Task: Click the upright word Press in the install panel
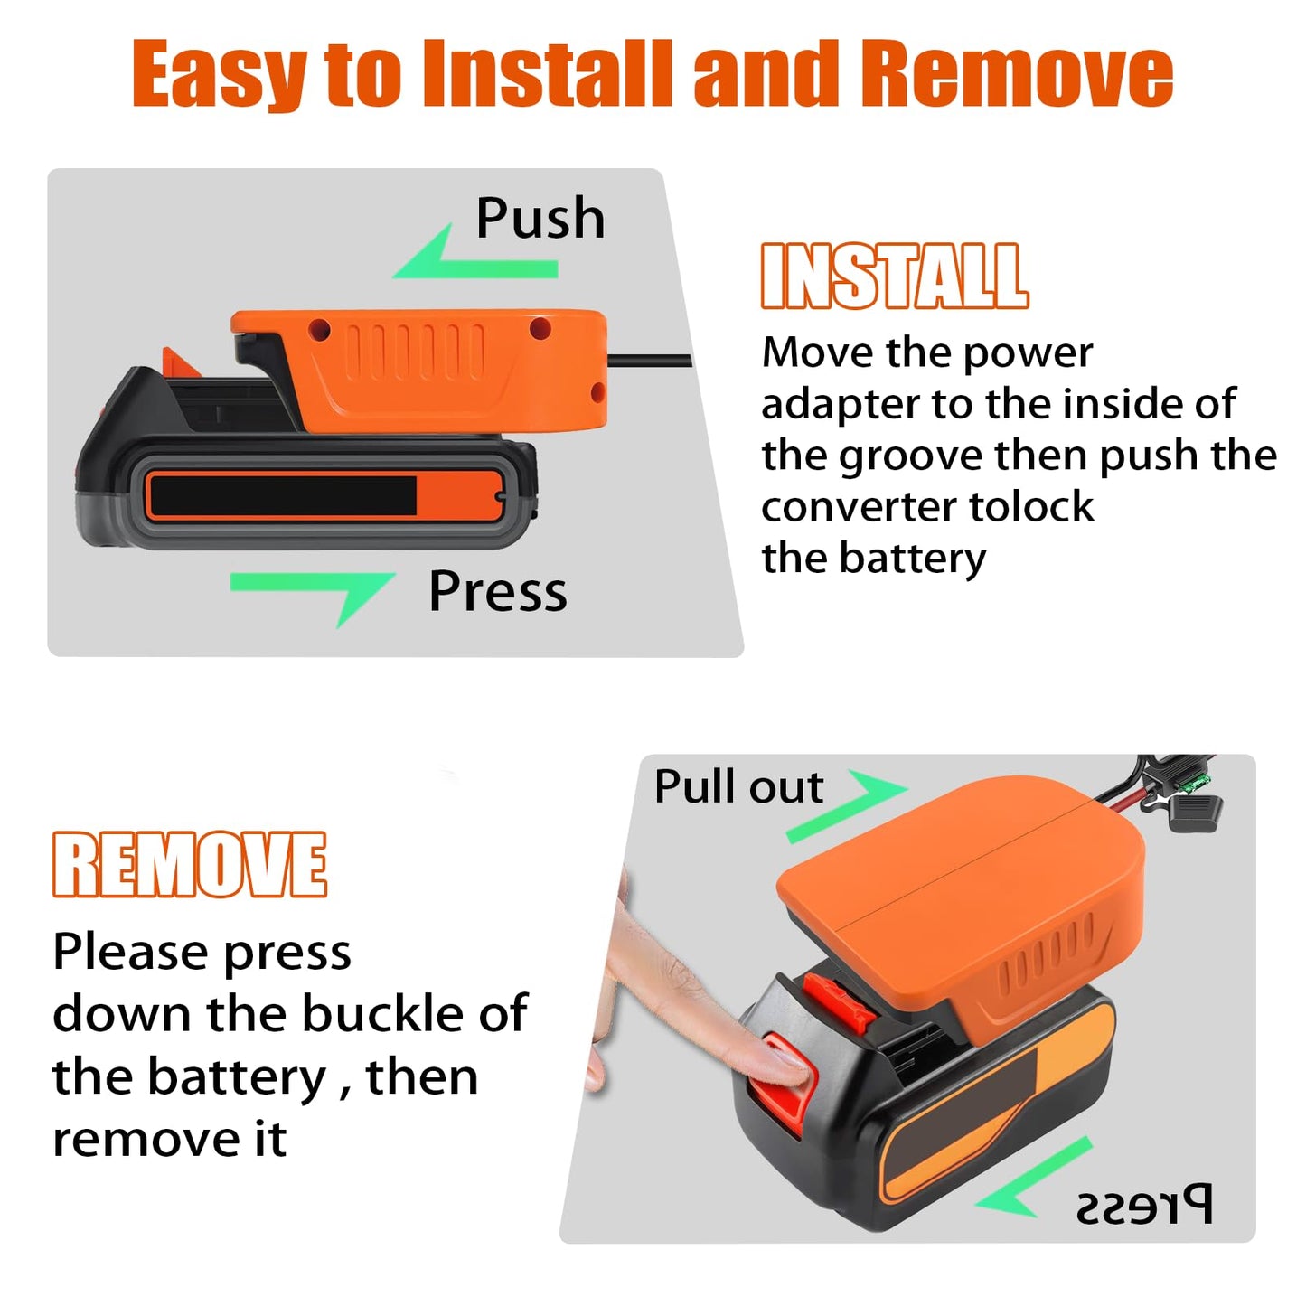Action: click(498, 591)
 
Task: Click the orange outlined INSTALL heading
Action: click(895, 277)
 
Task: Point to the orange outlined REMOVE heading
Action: click(190, 865)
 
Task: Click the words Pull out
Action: click(738, 787)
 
